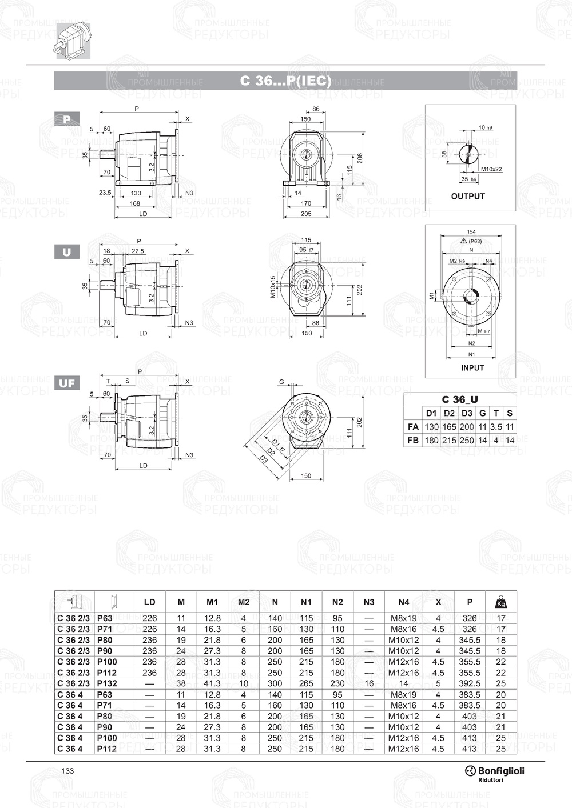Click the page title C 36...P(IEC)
pyautogui.click(x=285, y=81)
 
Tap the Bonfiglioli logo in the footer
pyautogui.click(x=494, y=771)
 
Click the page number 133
pyautogui.click(x=67, y=771)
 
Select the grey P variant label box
pyautogui.click(x=67, y=119)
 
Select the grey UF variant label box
pyautogui.click(x=67, y=383)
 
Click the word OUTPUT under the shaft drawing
pyautogui.click(x=467, y=196)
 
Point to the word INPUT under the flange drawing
pyautogui.click(x=472, y=368)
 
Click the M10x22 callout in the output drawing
pyautogui.click(x=491, y=169)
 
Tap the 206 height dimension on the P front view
pyautogui.click(x=360, y=158)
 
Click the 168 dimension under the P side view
pyautogui.click(x=135, y=203)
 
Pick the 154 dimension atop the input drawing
pyautogui.click(x=471, y=232)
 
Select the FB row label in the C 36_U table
pyautogui.click(x=412, y=441)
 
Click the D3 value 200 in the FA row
pyautogui.click(x=467, y=427)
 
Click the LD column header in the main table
pyautogui.click(x=149, y=602)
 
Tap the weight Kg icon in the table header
pyautogui.click(x=501, y=602)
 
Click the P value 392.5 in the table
pyautogui.click(x=469, y=683)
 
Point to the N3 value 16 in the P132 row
pyautogui.click(x=369, y=683)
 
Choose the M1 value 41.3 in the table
pyautogui.click(x=212, y=683)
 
